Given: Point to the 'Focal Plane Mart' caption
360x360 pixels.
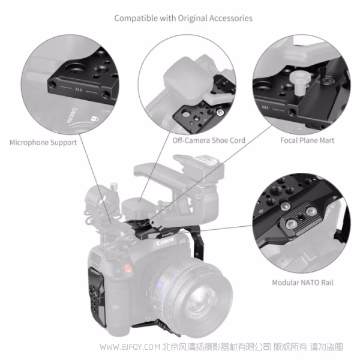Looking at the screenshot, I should pos(307,140).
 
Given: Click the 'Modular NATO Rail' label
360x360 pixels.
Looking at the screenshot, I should pos(302,282).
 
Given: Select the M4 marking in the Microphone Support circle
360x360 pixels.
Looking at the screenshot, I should pos(78,90).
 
